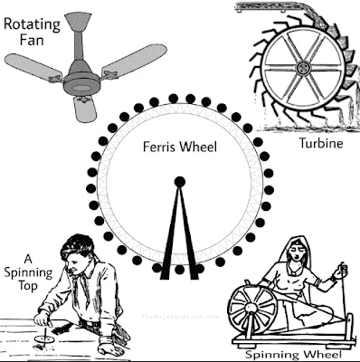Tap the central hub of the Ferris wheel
click(179, 182)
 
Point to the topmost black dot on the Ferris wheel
click(179, 95)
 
